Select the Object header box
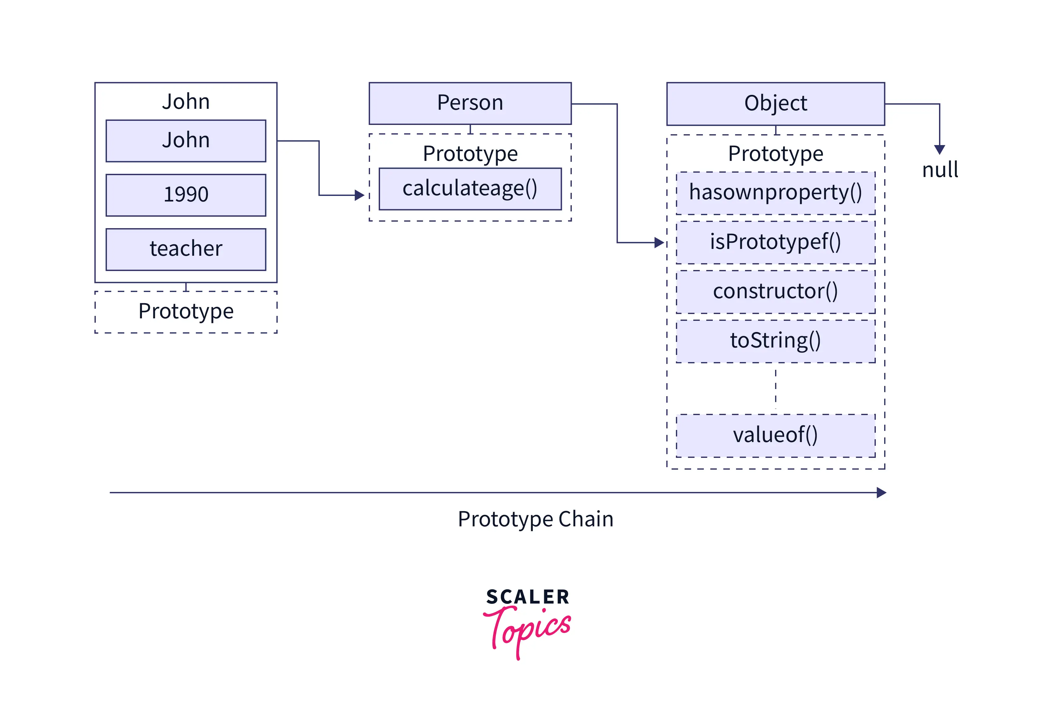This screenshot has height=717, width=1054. tap(775, 104)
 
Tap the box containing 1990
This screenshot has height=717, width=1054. tap(186, 195)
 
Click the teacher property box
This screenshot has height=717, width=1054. tap(186, 249)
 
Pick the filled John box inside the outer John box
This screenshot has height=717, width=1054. tap(186, 141)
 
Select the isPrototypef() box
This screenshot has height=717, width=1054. tap(775, 242)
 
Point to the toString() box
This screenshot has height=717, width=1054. tap(775, 341)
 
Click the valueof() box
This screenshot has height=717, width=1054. tap(775, 435)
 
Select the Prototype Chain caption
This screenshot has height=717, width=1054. tap(535, 519)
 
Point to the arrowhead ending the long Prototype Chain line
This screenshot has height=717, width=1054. tap(881, 493)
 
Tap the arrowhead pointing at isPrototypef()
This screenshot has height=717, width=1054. tap(659, 243)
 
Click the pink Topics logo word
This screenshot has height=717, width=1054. tap(528, 631)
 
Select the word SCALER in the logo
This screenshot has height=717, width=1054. tap(527, 597)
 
